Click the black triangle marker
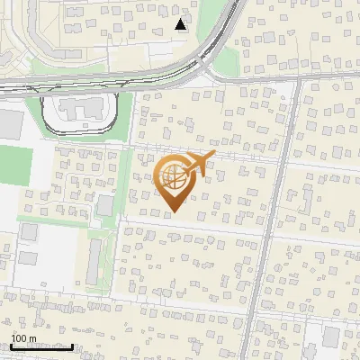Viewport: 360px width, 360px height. (181, 24)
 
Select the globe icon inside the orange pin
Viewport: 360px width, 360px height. (175, 178)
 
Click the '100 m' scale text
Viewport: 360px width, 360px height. (23, 339)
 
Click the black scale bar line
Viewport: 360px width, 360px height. (41, 346)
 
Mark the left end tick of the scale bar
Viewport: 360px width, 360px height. (11, 346)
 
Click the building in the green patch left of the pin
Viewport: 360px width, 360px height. (105, 205)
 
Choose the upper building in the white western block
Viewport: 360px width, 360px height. (28, 232)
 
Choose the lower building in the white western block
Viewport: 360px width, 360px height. (28, 259)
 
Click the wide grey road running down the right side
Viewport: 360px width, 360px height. (266, 243)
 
